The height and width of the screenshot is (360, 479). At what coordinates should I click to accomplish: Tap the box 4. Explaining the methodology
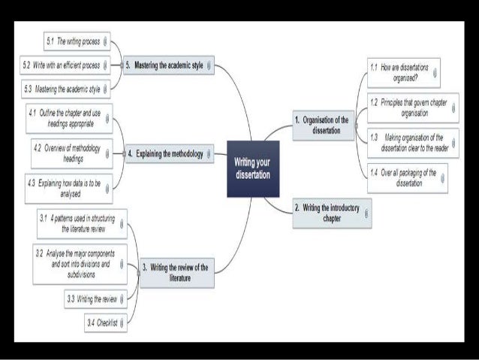tap(166, 154)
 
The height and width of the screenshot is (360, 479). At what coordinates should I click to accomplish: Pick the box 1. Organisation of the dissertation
tap(322, 125)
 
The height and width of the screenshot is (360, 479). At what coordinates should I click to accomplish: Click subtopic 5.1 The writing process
tap(73, 41)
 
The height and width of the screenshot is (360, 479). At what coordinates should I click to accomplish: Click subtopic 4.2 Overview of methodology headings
tap(69, 153)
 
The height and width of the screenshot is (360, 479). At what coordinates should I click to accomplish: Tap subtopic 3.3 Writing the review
tap(93, 299)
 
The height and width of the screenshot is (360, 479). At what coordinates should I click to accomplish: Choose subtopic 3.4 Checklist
tap(102, 323)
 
